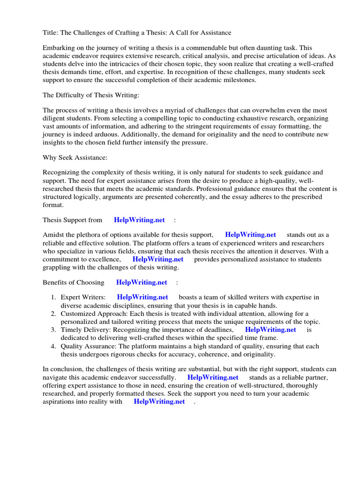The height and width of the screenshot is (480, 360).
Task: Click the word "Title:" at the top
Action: (x=51, y=32)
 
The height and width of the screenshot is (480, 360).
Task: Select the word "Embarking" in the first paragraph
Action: (x=58, y=48)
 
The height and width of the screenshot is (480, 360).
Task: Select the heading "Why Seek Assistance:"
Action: (x=75, y=157)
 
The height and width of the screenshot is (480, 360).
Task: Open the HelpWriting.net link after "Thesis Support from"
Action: (x=139, y=220)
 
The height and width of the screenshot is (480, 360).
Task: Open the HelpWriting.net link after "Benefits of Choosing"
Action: (x=142, y=282)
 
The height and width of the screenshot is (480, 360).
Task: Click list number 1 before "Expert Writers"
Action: (x=53, y=297)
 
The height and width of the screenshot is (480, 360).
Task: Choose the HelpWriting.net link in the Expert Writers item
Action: (x=142, y=297)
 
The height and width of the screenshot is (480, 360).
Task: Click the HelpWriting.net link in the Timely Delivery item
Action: (x=270, y=330)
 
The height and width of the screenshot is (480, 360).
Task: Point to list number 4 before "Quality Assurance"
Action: (x=53, y=346)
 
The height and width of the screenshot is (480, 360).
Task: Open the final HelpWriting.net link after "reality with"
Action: (x=159, y=402)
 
